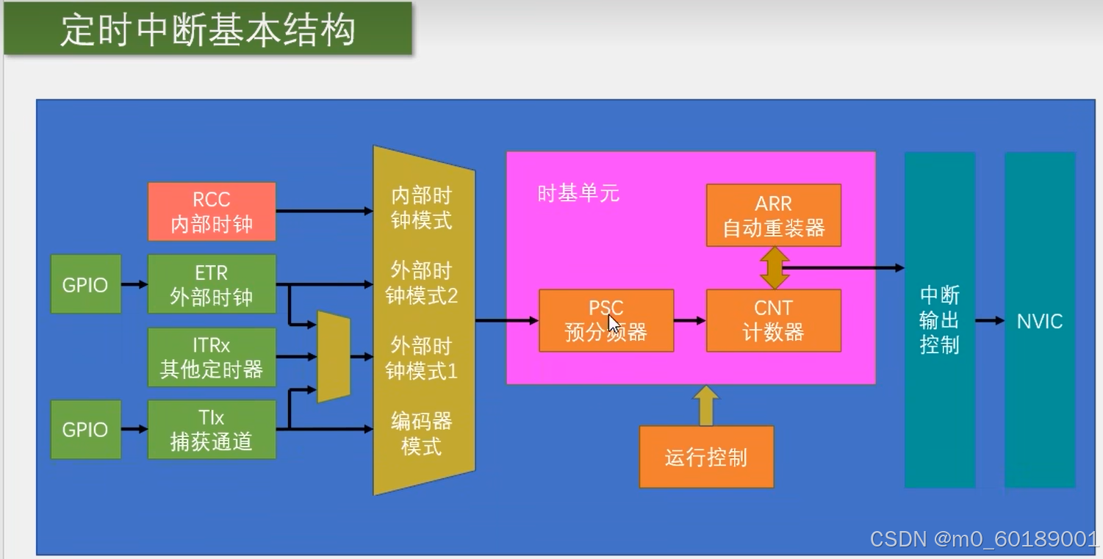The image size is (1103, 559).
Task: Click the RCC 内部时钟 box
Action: click(212, 212)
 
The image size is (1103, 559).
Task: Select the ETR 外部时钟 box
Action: click(212, 284)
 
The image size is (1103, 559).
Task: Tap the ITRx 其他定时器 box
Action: click(212, 357)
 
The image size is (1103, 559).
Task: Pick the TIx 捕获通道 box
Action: click(212, 429)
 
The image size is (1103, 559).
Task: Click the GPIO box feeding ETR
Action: click(85, 284)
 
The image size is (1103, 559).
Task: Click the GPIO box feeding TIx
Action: click(85, 429)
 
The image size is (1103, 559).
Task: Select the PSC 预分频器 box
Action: click(606, 320)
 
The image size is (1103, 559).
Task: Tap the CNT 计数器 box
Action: click(773, 320)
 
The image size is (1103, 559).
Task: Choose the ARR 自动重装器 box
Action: click(773, 215)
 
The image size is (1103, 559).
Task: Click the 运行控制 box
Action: click(706, 457)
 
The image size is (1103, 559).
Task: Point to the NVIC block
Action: click(1040, 320)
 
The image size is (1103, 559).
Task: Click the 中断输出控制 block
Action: click(940, 320)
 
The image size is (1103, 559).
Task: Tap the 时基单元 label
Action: click(578, 194)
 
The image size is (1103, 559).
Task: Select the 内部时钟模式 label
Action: click(421, 208)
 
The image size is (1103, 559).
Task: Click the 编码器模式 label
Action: click(421, 433)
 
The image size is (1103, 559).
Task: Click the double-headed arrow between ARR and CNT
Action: click(774, 268)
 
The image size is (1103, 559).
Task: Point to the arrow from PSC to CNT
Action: click(689, 320)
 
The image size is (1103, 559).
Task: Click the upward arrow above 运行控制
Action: click(705, 405)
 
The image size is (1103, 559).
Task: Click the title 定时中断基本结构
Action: click(208, 29)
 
